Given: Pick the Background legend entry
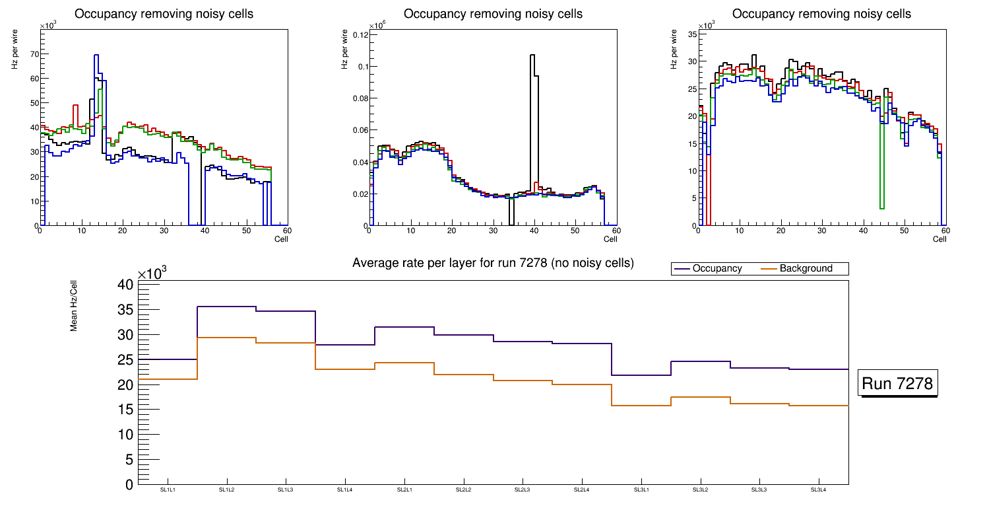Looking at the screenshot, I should click(806, 269).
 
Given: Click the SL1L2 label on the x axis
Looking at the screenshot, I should click(226, 490).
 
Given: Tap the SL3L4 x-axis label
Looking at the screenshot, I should click(819, 490).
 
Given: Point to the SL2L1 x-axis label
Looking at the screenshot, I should click(404, 490).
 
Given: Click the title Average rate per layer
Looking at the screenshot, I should click(493, 263).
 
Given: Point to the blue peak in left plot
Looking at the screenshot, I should click(96, 56).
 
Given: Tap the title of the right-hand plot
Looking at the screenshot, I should click(821, 14).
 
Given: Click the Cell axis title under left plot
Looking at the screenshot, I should click(281, 239).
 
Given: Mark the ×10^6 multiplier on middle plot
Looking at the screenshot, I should click(377, 25).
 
